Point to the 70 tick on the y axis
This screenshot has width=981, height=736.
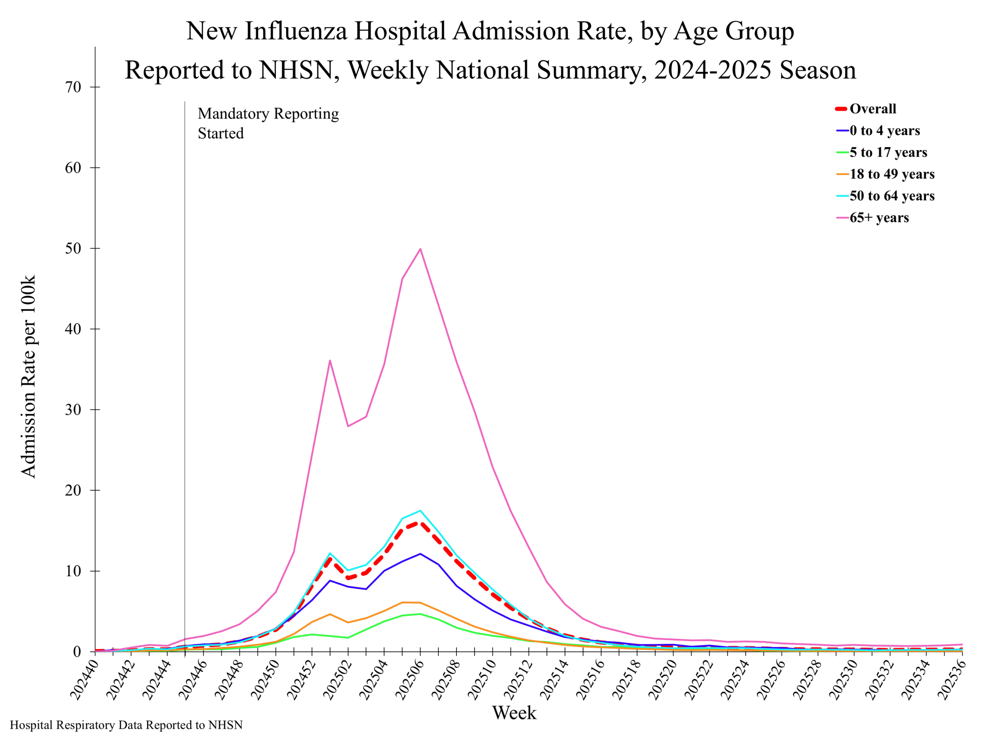(74, 87)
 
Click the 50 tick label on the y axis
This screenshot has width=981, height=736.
(74, 248)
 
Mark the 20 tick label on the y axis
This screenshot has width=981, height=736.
(74, 490)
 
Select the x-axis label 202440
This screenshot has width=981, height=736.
(84, 680)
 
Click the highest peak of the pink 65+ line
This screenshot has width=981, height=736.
(420, 249)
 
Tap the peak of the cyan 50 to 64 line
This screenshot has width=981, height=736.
(420, 511)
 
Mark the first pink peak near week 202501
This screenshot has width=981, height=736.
(330, 360)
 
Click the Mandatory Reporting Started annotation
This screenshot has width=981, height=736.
(268, 123)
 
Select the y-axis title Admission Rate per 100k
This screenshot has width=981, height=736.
(28, 377)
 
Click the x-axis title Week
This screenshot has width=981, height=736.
(514, 713)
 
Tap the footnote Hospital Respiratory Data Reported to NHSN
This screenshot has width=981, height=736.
(126, 725)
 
